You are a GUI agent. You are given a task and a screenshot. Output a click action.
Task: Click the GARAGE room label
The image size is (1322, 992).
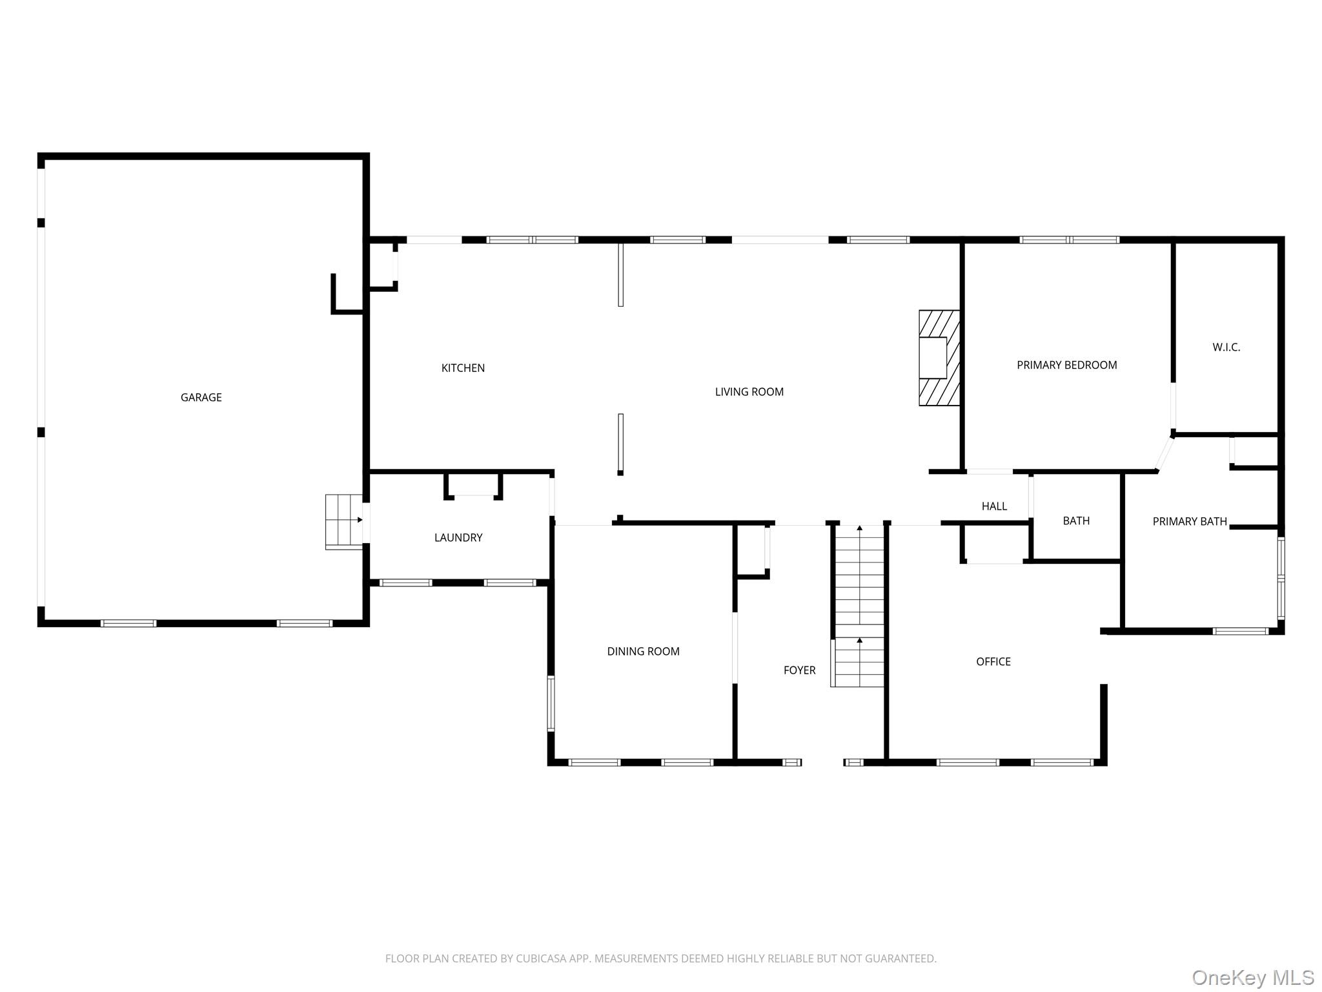click(x=201, y=397)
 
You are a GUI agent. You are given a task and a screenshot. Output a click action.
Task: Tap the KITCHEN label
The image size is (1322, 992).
click(x=463, y=368)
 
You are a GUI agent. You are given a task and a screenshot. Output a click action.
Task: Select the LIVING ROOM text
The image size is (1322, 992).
click(x=749, y=391)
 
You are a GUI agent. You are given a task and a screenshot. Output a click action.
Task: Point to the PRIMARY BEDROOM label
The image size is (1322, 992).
click(x=1066, y=365)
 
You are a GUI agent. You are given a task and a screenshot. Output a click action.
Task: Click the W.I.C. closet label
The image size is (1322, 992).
click(x=1226, y=347)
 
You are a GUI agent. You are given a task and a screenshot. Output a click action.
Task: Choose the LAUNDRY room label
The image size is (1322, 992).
click(x=458, y=537)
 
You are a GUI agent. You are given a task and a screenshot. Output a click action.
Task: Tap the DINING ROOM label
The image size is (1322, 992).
click(x=643, y=651)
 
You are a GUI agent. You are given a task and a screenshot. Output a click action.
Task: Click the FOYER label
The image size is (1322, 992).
click(x=799, y=670)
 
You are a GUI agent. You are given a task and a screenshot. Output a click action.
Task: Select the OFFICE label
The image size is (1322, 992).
click(x=993, y=661)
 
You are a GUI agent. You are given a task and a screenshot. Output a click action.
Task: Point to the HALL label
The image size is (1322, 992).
click(x=994, y=506)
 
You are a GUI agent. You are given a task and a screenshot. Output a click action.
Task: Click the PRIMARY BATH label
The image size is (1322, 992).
click(x=1190, y=521)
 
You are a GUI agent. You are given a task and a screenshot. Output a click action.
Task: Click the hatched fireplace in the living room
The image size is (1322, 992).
click(x=939, y=358)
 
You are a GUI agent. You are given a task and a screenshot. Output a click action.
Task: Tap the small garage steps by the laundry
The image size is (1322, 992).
click(x=344, y=522)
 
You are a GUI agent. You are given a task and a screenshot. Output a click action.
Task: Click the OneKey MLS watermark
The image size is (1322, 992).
click(x=1253, y=978)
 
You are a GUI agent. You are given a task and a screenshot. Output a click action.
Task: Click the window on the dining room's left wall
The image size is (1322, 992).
click(x=551, y=703)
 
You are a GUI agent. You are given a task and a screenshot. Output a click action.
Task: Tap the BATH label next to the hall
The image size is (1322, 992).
click(x=1075, y=521)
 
